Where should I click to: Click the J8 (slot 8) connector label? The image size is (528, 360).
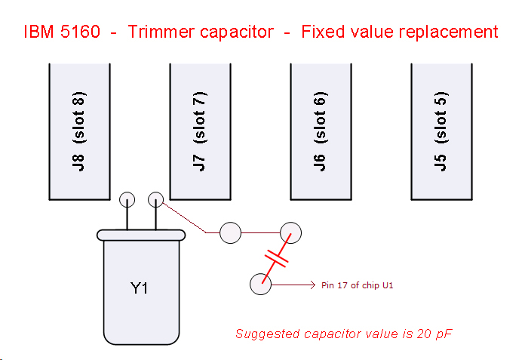pos(79,131)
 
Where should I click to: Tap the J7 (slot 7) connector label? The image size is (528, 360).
pos(200,131)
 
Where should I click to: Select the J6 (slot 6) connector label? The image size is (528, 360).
pos(321,131)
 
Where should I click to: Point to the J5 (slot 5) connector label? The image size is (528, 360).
pos(441,131)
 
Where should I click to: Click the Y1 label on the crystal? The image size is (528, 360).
pos(139,288)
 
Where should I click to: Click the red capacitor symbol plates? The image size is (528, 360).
pos(277,259)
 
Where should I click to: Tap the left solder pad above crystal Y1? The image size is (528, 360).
pos(127,199)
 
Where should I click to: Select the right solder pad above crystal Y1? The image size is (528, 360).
pos(156,199)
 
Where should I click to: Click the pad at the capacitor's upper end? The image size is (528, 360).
pos(290,232)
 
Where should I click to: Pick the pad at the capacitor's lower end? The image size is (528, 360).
pos(261,285)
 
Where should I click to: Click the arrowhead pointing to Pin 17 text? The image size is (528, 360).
pos(313,285)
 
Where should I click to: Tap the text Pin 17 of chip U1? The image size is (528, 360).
pos(358,285)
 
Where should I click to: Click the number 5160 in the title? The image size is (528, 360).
pos(80,32)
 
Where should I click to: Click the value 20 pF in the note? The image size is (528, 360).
pos(434,334)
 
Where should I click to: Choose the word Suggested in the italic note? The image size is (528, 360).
pos(268,334)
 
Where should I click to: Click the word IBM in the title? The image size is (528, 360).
pos(38,32)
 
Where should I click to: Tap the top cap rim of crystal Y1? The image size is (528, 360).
pos(141,235)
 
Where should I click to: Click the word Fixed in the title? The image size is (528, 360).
pos(324,32)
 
